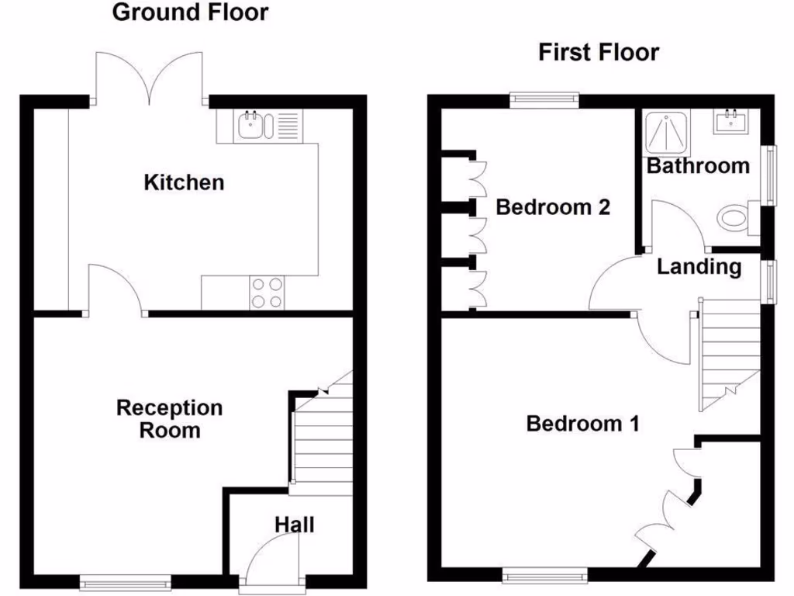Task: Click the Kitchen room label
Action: click(x=184, y=182)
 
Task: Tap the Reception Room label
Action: click(x=169, y=418)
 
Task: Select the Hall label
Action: click(x=295, y=525)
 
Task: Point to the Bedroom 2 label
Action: click(x=553, y=207)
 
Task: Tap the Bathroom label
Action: click(x=698, y=165)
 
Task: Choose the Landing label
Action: click(x=699, y=267)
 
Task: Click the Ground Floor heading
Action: click(x=190, y=12)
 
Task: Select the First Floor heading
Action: click(x=599, y=52)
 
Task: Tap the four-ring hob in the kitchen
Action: click(x=266, y=293)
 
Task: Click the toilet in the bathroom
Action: click(x=737, y=217)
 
